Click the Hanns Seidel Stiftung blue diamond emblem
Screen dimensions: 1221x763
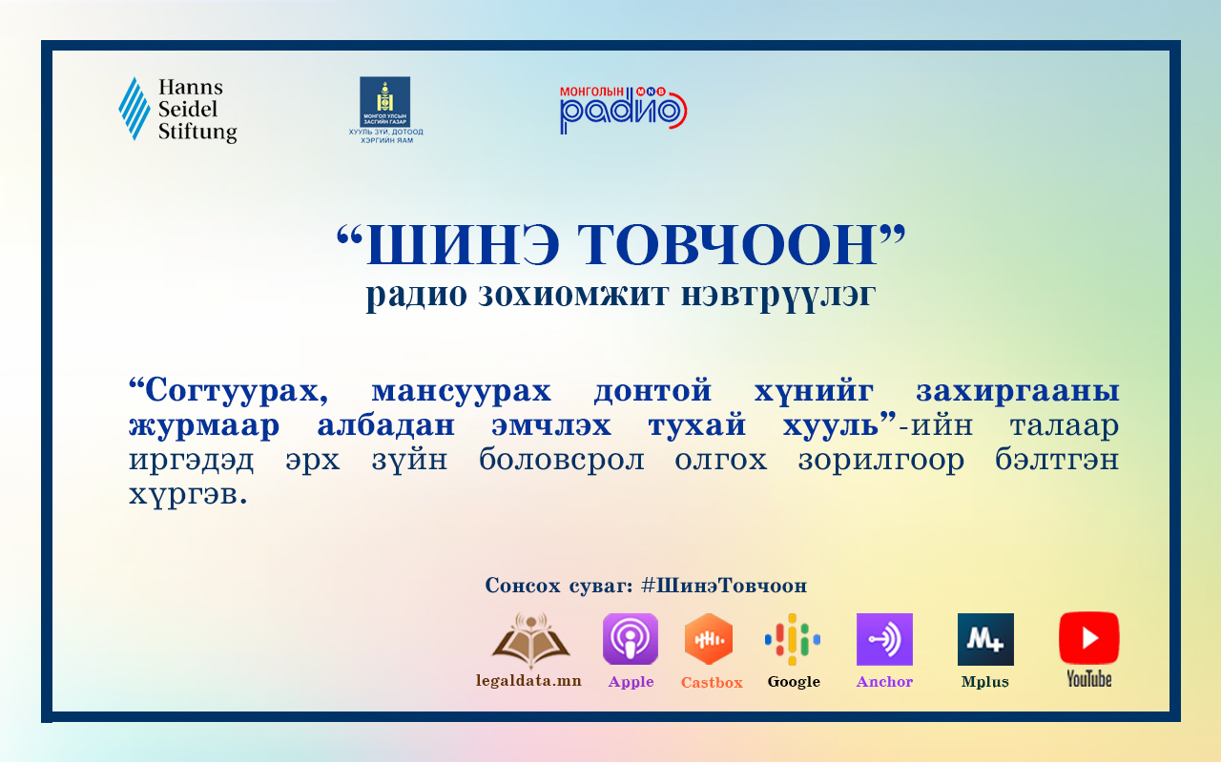135,109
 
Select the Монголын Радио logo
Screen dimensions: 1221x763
623,110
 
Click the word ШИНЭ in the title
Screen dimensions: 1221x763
463,245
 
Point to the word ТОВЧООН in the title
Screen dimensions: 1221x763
727,245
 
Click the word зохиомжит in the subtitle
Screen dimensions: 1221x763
573,295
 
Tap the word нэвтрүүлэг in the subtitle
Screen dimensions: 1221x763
778,297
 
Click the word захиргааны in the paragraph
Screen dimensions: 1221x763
1018,391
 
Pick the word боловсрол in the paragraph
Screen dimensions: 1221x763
562,460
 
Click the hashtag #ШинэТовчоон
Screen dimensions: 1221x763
724,586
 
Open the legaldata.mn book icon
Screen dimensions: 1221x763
530,641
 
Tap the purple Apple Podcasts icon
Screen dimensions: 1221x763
631,639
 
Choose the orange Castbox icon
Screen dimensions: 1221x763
709,639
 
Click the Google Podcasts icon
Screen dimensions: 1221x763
792,639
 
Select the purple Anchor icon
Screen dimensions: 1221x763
884,639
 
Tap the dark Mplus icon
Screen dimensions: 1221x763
985,639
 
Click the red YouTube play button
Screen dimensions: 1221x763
1089,638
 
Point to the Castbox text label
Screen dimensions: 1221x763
712,682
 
